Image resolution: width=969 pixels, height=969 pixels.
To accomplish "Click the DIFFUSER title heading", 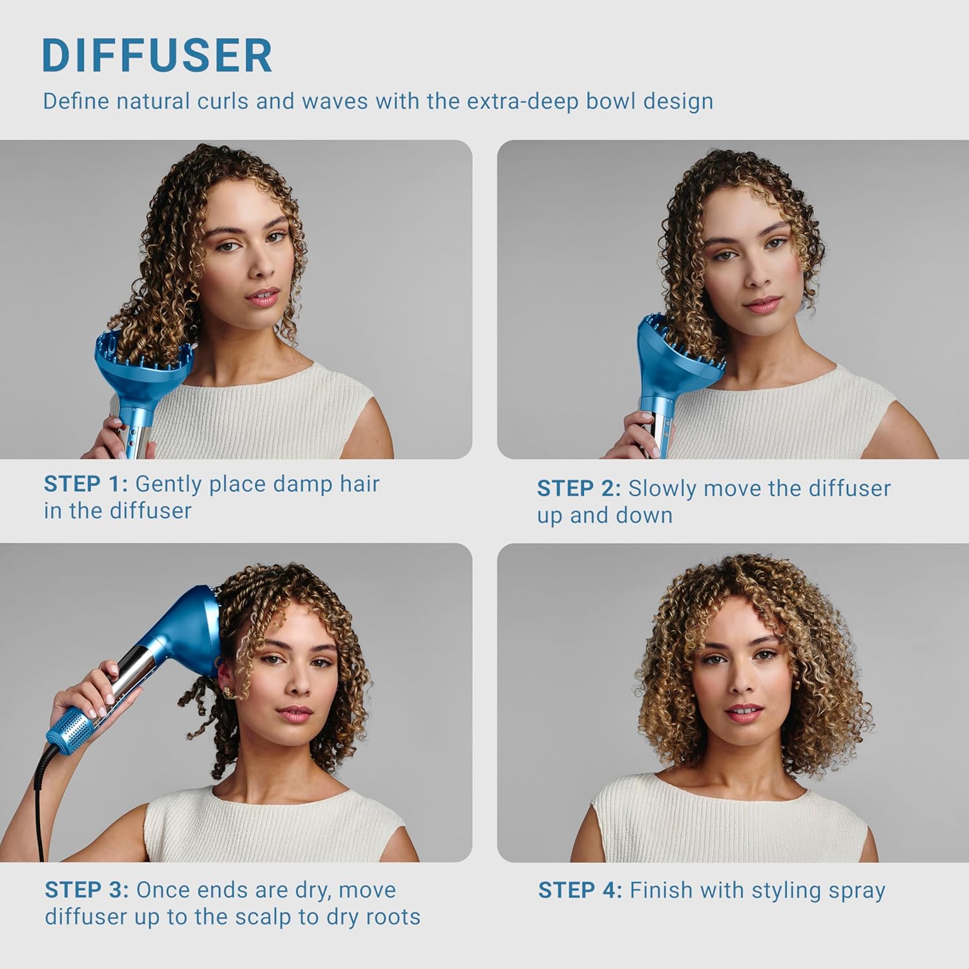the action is click(157, 56).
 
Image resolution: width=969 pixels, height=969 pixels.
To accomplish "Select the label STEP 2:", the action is click(579, 488).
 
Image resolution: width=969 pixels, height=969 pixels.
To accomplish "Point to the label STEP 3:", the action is click(87, 890).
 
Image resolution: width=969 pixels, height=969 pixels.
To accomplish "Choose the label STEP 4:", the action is click(580, 891).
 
